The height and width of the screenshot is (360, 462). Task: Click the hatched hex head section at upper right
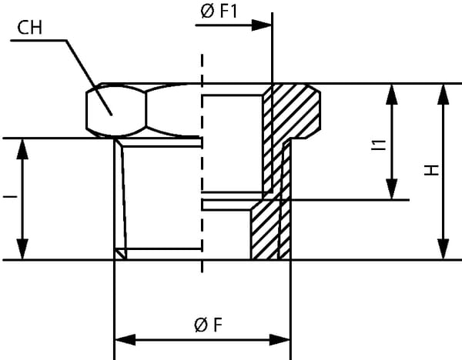[x=296, y=112]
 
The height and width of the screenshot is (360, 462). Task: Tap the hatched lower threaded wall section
[x=269, y=231]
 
